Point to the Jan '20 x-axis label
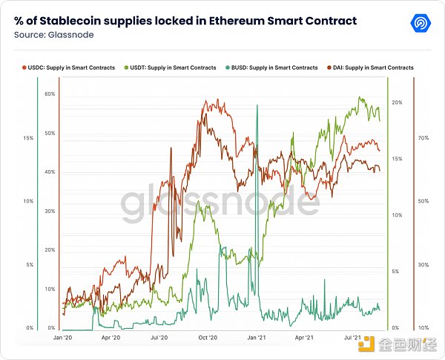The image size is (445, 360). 62,337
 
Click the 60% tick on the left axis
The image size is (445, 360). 50,94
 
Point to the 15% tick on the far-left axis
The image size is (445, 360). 28,138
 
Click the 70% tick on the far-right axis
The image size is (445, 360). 423,138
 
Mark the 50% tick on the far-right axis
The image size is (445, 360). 423,201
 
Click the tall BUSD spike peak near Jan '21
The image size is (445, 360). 257,106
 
